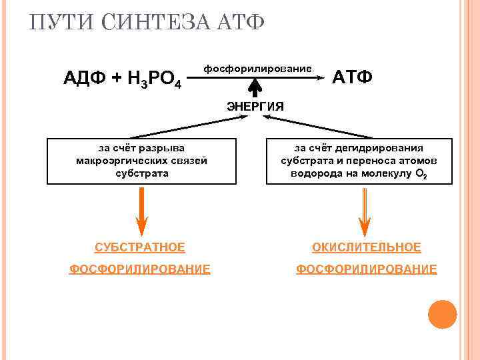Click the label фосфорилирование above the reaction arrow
(257, 68)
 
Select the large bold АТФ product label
(352, 77)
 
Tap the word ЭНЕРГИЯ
(255, 106)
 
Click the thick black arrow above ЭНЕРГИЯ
(254, 88)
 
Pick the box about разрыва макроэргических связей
(141, 161)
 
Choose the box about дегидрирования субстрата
(359, 161)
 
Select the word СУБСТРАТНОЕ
(140, 247)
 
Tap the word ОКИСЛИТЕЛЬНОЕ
(367, 247)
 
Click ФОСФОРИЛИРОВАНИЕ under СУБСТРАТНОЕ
(140, 269)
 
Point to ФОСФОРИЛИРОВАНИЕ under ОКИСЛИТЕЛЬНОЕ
(367, 269)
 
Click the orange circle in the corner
(442, 314)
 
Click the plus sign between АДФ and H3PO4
(117, 79)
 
